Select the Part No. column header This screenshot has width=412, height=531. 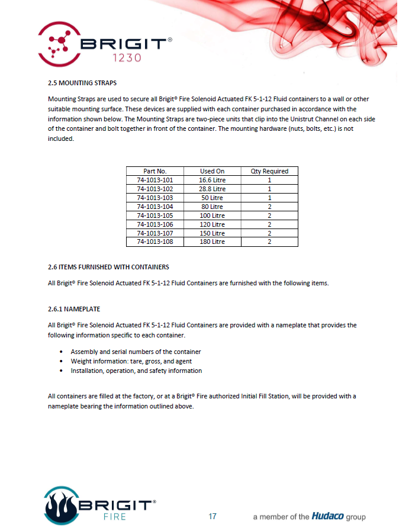click(155, 171)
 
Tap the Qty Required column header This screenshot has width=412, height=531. click(269, 171)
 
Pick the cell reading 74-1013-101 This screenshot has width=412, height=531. click(155, 180)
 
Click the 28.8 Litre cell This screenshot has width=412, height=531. click(212, 189)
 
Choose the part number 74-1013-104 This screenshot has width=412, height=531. click(155, 207)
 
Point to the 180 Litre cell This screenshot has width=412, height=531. click(212, 242)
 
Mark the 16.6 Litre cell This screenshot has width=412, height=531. click(212, 180)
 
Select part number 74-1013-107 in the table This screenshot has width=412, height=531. click(155, 233)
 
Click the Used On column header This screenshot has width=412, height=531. click(212, 171)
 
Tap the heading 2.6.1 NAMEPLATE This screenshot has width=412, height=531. click(75, 309)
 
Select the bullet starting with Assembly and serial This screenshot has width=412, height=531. click(136, 352)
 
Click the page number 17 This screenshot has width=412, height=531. click(213, 516)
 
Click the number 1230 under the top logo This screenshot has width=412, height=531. click(125, 58)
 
